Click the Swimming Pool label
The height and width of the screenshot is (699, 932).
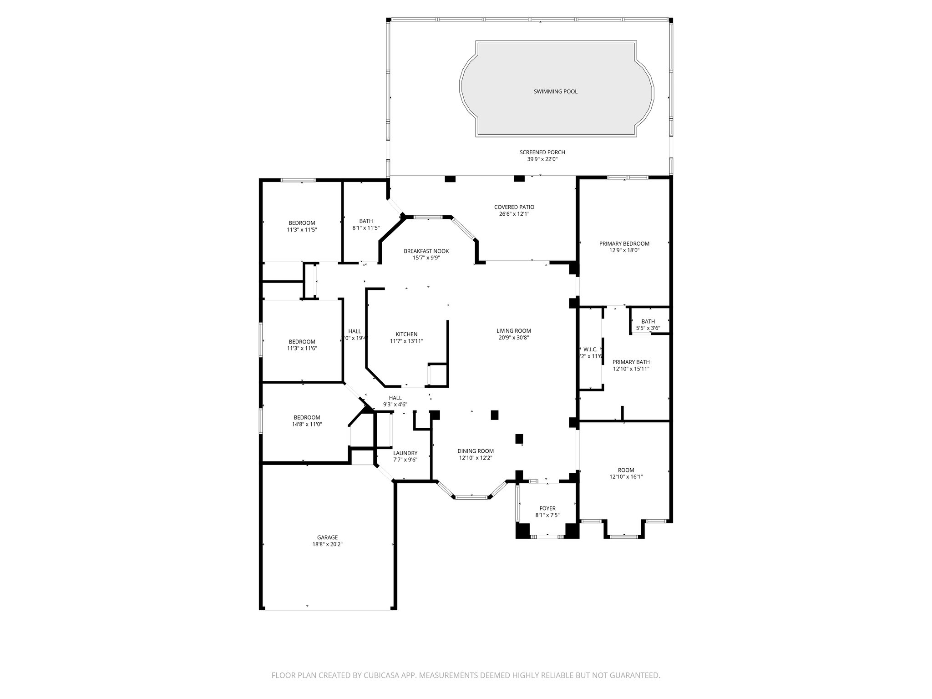click(x=555, y=91)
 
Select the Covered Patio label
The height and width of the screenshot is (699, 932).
click(x=514, y=207)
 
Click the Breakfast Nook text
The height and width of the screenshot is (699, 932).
click(x=426, y=251)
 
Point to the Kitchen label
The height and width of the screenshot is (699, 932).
click(x=406, y=334)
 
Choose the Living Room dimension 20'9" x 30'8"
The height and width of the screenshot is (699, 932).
click(x=513, y=338)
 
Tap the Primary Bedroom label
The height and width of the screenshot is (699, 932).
click(x=624, y=243)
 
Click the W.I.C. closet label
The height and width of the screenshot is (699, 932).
click(x=590, y=349)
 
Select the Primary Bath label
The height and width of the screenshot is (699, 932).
click(x=631, y=362)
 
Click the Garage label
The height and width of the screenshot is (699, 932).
click(x=328, y=537)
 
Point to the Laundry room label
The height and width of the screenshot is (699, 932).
click(x=405, y=453)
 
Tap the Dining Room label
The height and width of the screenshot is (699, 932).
click(x=476, y=451)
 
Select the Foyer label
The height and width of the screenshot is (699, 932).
click(x=547, y=508)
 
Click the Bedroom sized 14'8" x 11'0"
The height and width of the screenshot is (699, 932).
click(x=307, y=420)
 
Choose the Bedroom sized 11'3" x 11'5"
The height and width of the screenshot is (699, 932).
click(x=302, y=226)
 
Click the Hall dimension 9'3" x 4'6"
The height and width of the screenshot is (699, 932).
click(x=395, y=404)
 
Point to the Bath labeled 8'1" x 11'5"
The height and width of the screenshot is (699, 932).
click(x=366, y=224)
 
